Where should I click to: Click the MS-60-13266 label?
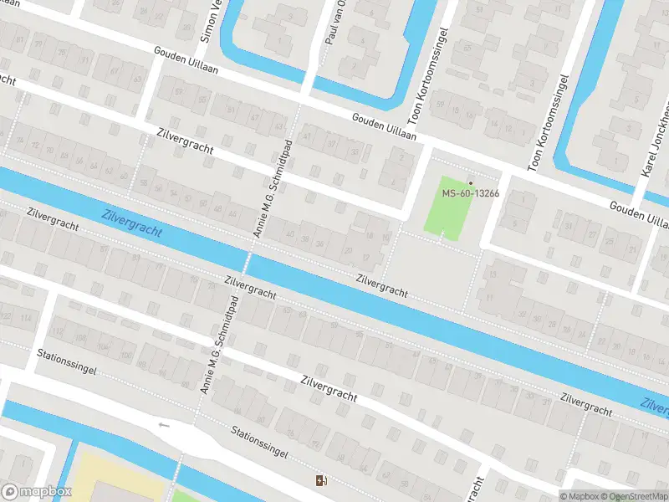coord(470,194)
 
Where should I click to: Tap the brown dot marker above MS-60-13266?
coord(470,182)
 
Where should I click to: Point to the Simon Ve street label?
coord(211,21)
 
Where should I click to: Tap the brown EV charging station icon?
coord(320,480)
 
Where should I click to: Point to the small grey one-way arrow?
coord(164,424)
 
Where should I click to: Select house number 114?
coord(26,318)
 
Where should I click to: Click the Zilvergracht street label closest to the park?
coord(381,285)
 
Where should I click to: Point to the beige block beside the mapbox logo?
coord(117,477)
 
